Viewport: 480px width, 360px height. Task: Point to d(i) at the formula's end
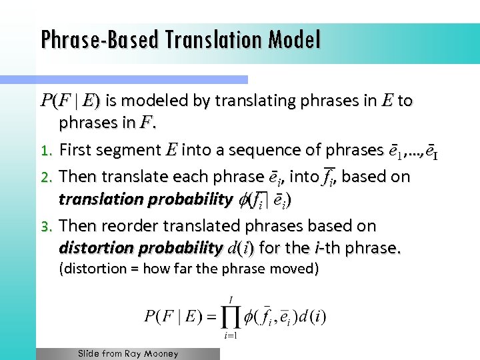[x=312, y=316]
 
